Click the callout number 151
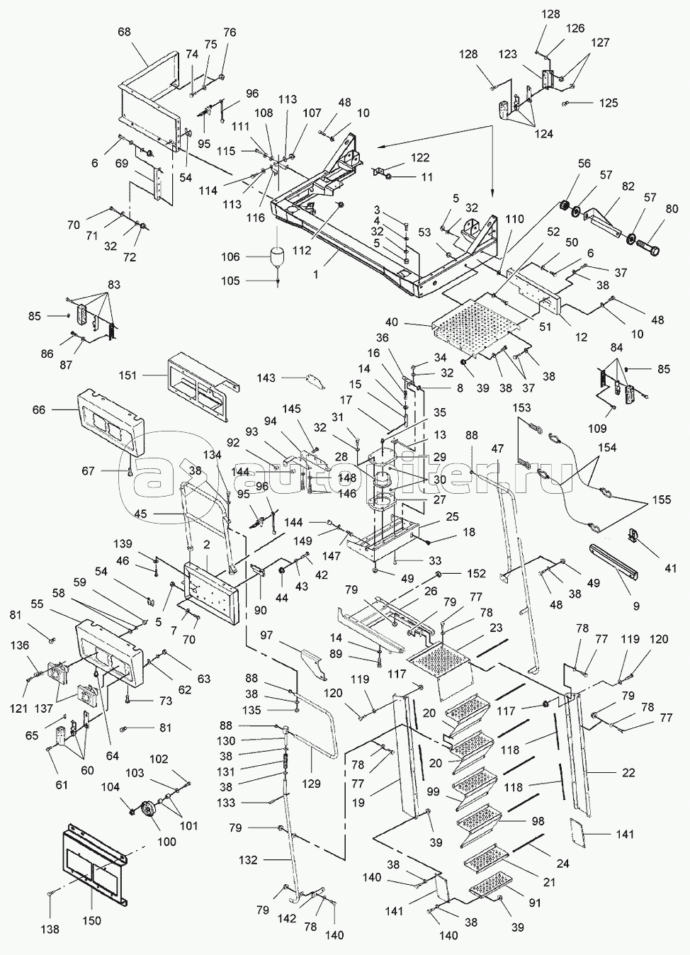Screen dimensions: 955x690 click(129, 375)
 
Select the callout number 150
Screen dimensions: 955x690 click(92, 921)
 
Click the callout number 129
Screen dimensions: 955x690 click(311, 784)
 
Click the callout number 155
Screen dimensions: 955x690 click(661, 499)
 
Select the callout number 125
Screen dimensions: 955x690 click(608, 103)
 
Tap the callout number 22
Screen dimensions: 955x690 click(628, 772)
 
